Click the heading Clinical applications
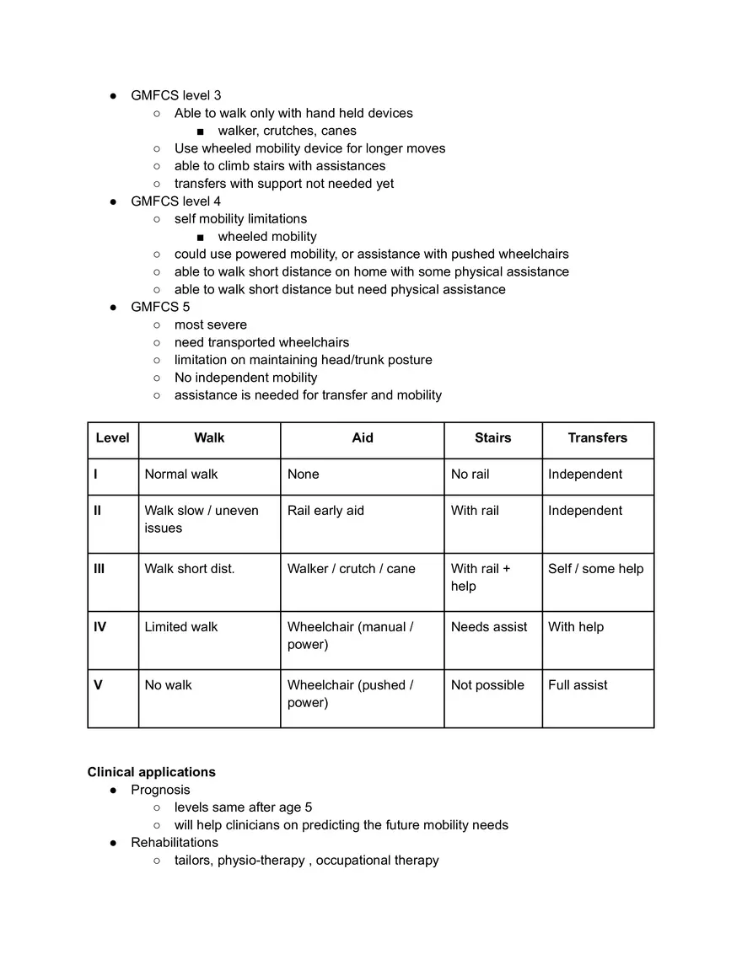pyautogui.click(x=151, y=772)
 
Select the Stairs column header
pyautogui.click(x=492, y=438)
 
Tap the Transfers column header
pyautogui.click(x=597, y=438)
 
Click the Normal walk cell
pyautogui.click(x=181, y=475)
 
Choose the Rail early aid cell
pyautogui.click(x=325, y=511)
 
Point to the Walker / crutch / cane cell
pyautogui.click(x=351, y=569)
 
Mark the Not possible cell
pyautogui.click(x=487, y=685)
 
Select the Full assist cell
pyautogui.click(x=578, y=685)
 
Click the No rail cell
pyautogui.click(x=470, y=475)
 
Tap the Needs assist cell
pyautogui.click(x=489, y=627)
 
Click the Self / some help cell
pyautogui.click(x=595, y=569)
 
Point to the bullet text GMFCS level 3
pyautogui.click(x=175, y=95)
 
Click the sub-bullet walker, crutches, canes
pyautogui.click(x=287, y=131)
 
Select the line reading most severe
pyautogui.click(x=211, y=324)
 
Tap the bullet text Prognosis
pyautogui.click(x=160, y=790)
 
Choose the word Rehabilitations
pyautogui.click(x=174, y=843)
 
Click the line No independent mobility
pyautogui.click(x=245, y=378)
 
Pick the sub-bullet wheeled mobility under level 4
pyautogui.click(x=267, y=237)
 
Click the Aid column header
pyautogui.click(x=363, y=438)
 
